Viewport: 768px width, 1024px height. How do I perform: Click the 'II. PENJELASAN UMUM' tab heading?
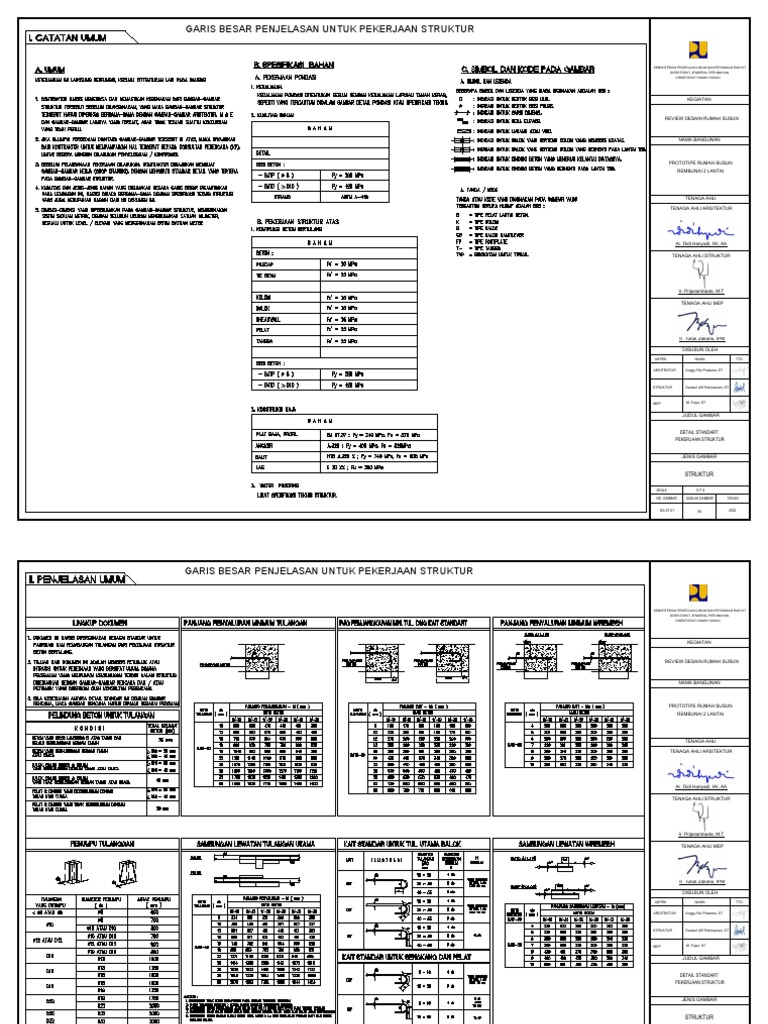click(72, 578)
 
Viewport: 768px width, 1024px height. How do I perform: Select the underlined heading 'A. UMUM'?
click(49, 71)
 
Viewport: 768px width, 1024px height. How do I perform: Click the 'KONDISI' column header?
click(82, 727)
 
